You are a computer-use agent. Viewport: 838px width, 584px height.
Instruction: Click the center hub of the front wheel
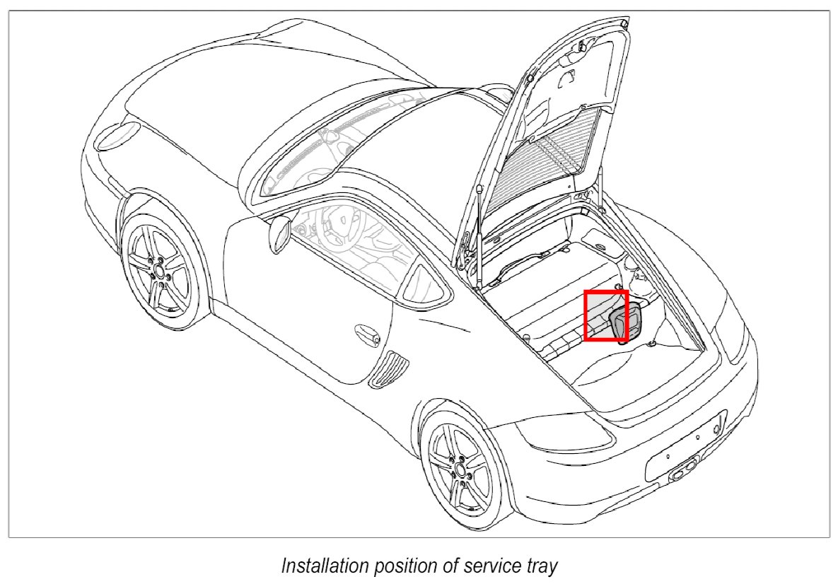[160, 271]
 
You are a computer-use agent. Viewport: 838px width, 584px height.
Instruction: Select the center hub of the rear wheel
[461, 469]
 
